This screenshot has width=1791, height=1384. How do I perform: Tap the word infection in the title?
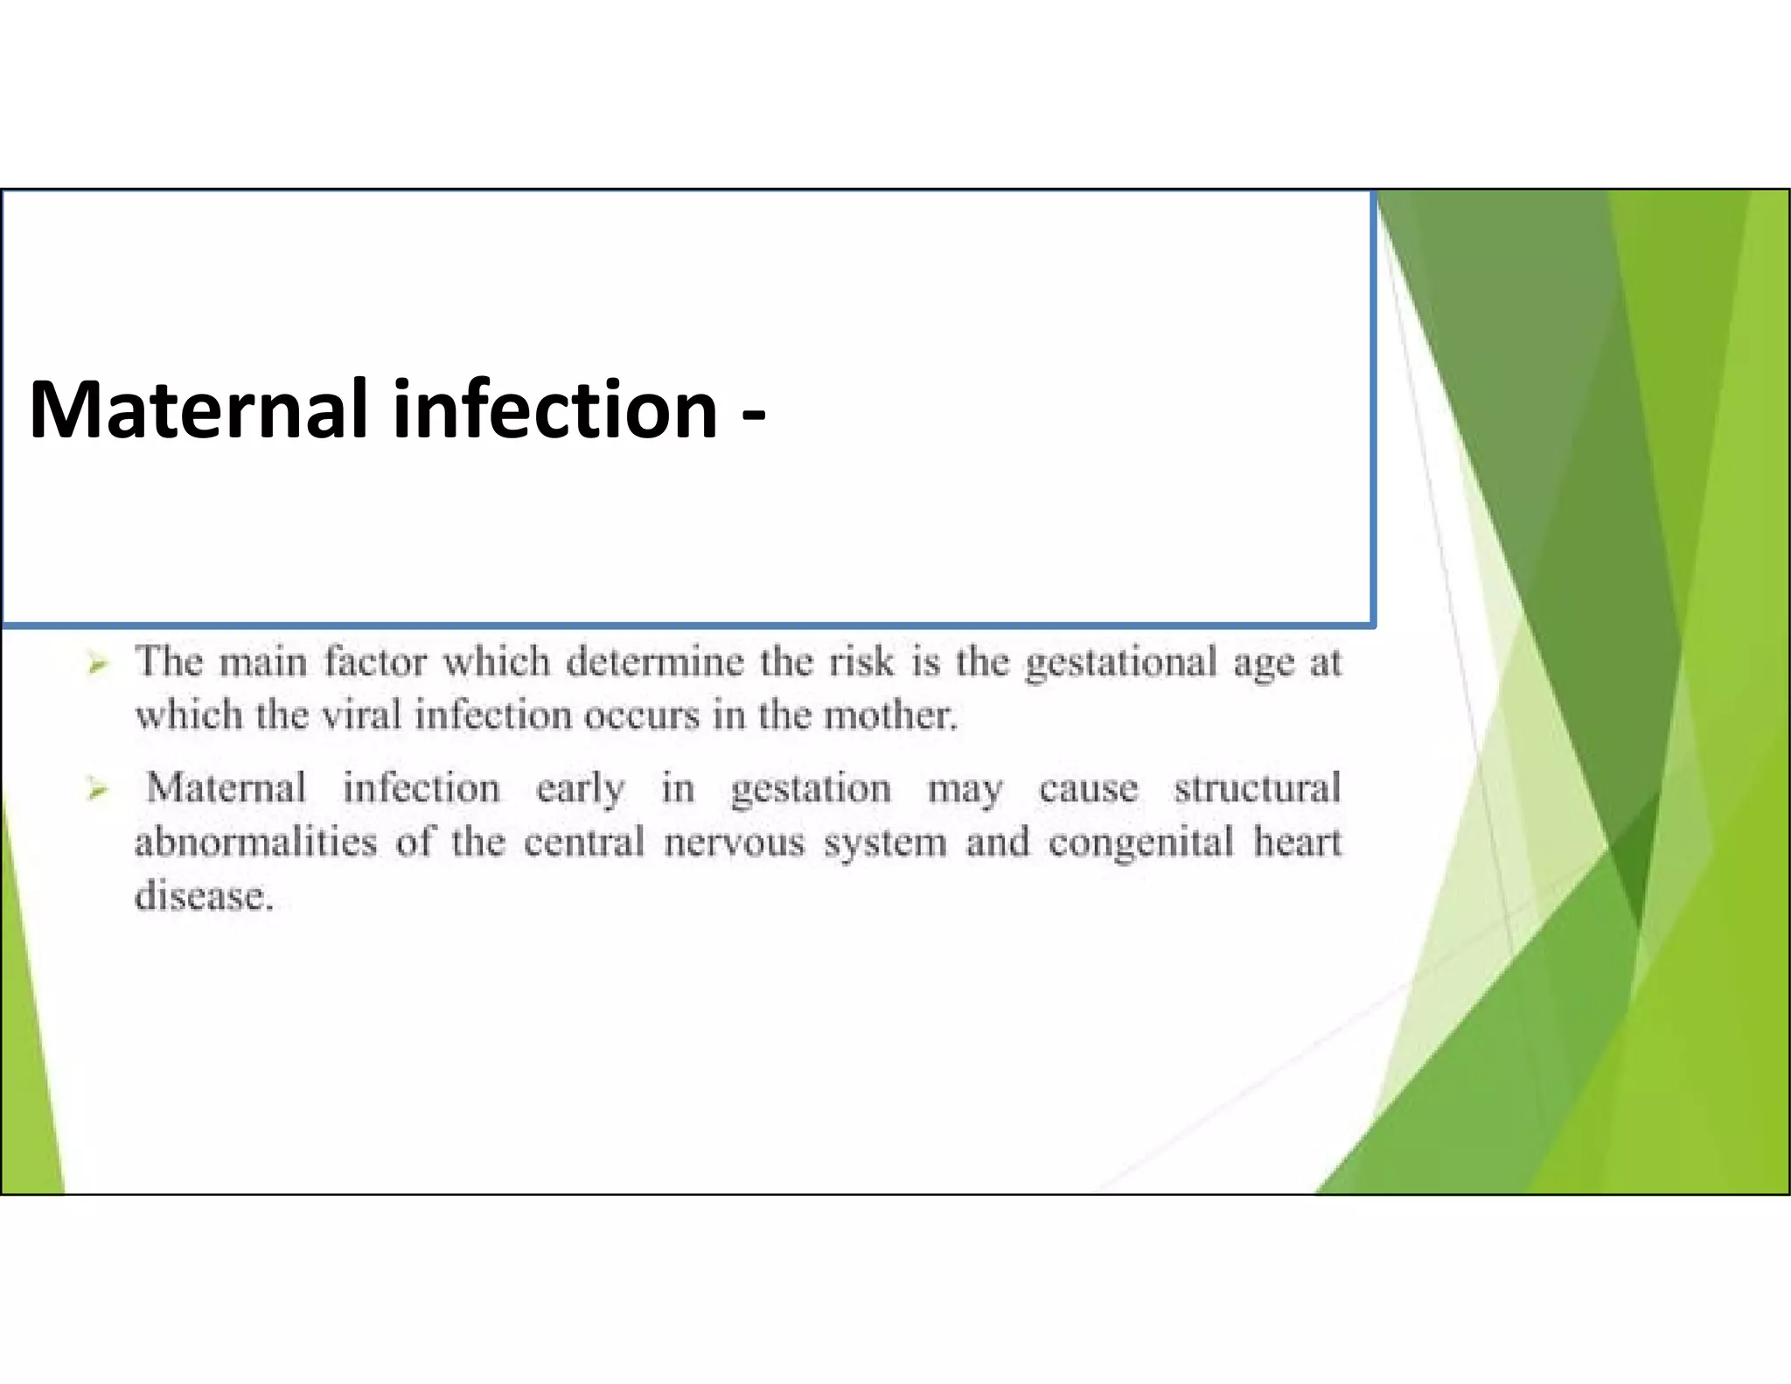point(555,409)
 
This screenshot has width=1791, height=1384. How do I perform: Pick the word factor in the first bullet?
point(375,661)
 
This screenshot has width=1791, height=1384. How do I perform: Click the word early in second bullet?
point(580,789)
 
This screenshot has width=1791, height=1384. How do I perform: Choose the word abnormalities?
point(255,842)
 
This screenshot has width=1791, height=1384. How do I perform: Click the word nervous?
point(734,842)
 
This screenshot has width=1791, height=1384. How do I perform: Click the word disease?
point(203,897)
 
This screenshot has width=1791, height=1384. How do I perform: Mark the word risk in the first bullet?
point(861,661)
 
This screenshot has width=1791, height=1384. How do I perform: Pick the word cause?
point(1088,789)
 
